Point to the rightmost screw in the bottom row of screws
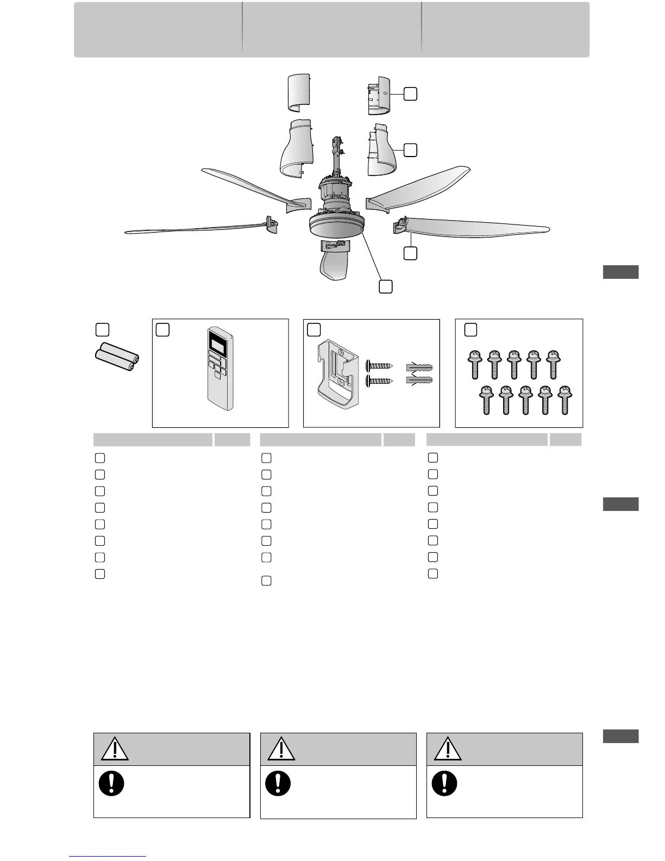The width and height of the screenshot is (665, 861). (x=564, y=401)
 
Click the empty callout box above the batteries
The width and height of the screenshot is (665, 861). (x=102, y=329)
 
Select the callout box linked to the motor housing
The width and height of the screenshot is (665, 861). (x=385, y=286)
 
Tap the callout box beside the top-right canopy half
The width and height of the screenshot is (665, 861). (x=411, y=94)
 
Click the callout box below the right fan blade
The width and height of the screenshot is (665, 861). (x=411, y=253)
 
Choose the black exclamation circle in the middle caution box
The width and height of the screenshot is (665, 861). (x=278, y=783)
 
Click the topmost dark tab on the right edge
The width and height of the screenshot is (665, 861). (x=621, y=272)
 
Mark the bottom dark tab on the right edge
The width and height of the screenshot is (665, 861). (x=621, y=736)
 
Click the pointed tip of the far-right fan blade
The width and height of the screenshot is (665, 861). (x=548, y=228)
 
